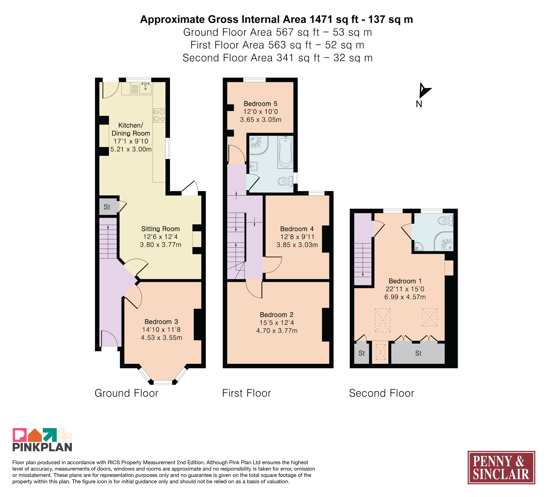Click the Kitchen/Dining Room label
pos(131,129)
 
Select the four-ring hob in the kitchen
pos(159,115)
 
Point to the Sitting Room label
pos(160,229)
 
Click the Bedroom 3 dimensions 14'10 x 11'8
pos(161,330)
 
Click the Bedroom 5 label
pos(260,104)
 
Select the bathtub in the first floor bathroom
pos(285,152)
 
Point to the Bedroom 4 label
pos(297,229)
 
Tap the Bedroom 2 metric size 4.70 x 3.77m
pos(277,331)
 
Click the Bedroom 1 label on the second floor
pos(405,281)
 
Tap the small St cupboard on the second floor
pos(362,353)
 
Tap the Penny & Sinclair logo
pos(501,468)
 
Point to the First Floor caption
pos(247,393)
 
